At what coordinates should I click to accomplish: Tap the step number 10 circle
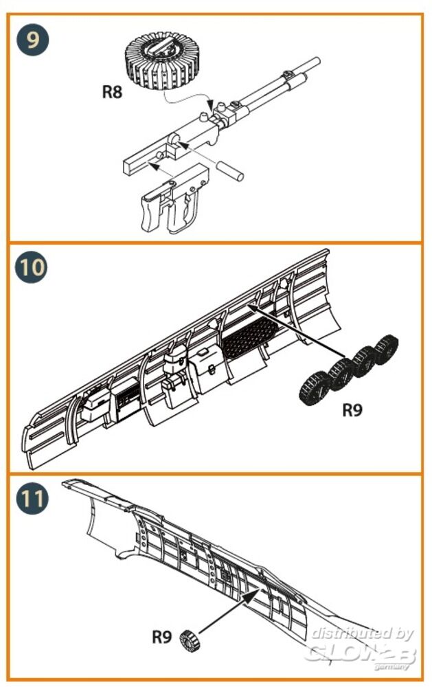pos(34,267)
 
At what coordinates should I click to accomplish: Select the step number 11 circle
pos(34,497)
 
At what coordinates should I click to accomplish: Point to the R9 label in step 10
pos(352,410)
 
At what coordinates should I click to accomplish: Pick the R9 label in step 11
pos(161,637)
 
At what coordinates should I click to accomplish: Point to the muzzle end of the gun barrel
pos(317,60)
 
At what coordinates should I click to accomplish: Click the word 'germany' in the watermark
pos(396,666)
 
